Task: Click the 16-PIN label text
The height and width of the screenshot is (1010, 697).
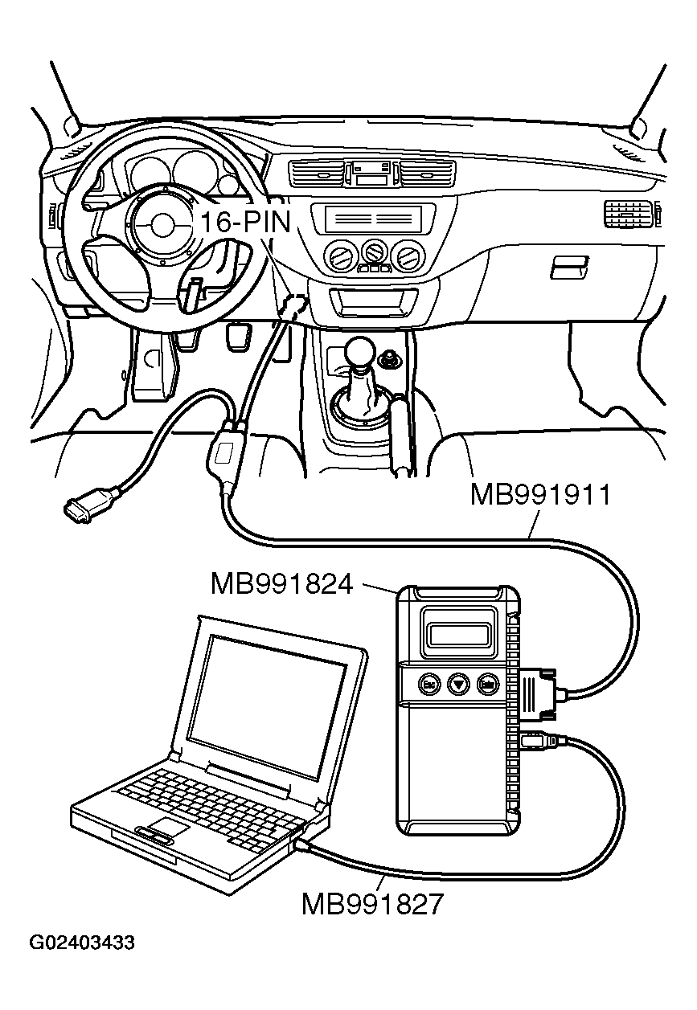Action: pyautogui.click(x=245, y=221)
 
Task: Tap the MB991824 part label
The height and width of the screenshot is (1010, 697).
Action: pyautogui.click(x=281, y=584)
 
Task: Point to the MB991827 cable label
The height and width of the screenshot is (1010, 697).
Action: pyautogui.click(x=371, y=905)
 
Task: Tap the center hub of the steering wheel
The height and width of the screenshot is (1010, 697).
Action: pyautogui.click(x=163, y=223)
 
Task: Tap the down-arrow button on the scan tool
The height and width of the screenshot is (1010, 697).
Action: pyautogui.click(x=457, y=684)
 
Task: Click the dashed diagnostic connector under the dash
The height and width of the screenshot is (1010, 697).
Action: pyautogui.click(x=293, y=305)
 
